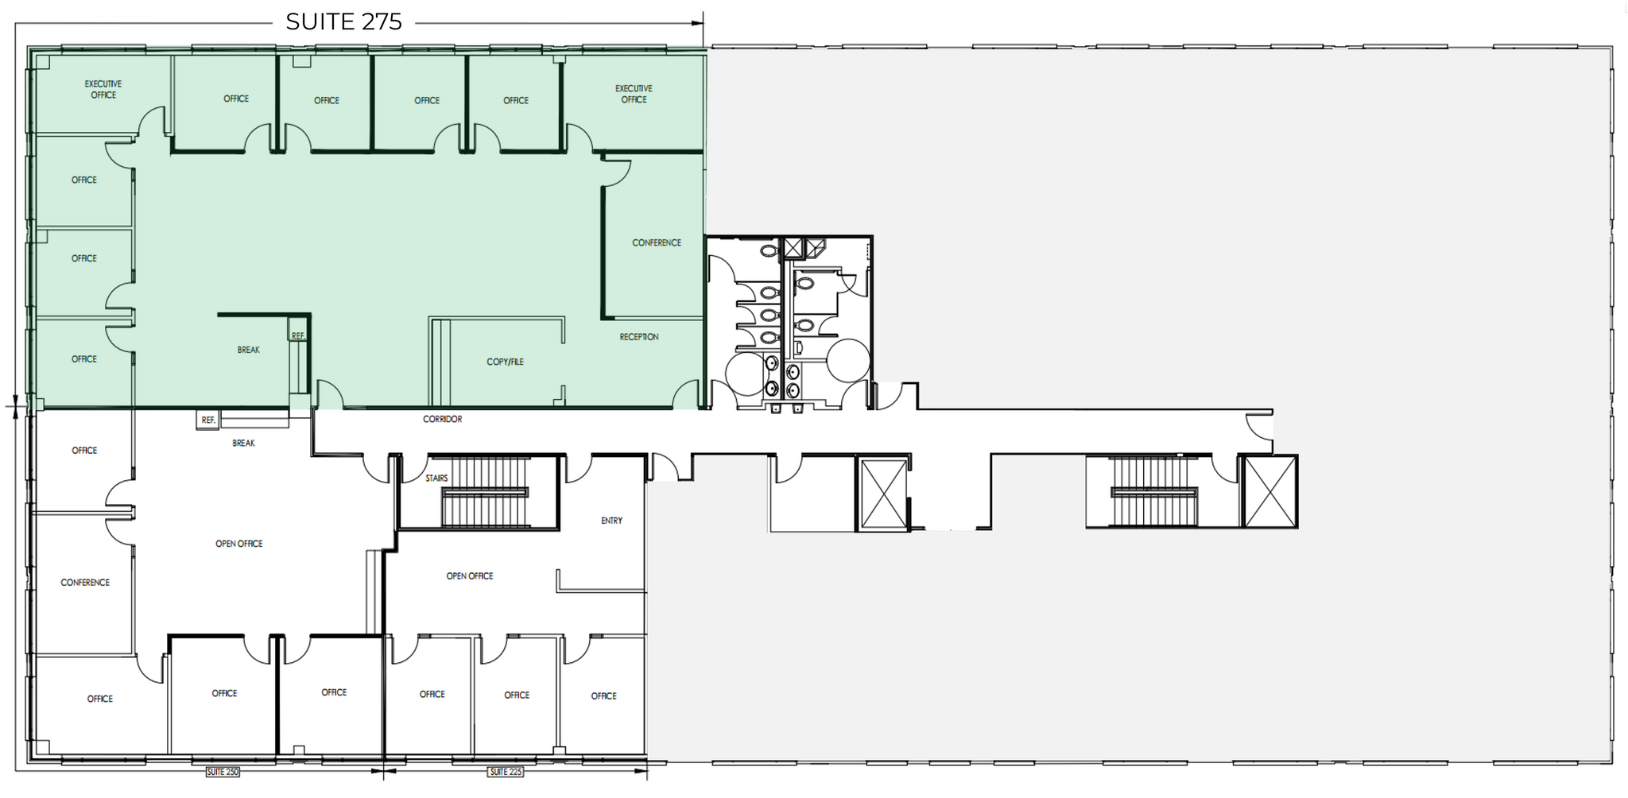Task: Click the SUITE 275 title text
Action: [343, 21]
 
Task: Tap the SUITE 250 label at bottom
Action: [222, 772]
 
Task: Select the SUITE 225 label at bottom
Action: [506, 772]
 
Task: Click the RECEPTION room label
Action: [639, 337]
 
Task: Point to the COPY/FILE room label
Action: [505, 362]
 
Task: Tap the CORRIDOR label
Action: [442, 419]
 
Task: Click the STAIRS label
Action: [436, 478]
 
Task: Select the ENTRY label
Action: [611, 521]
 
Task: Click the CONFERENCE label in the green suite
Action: [657, 242]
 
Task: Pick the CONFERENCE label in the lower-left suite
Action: [85, 583]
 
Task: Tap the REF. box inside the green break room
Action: [298, 336]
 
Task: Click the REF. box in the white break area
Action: [208, 420]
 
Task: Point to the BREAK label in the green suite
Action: [248, 350]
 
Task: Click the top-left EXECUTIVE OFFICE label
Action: [103, 89]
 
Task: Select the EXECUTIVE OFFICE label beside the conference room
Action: [634, 94]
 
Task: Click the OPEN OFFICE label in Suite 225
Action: [469, 576]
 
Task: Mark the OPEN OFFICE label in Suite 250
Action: [238, 544]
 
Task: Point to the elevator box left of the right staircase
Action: [883, 493]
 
